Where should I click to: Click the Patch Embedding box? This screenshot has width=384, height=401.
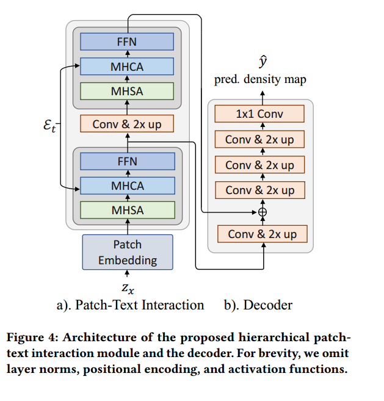pos(128,252)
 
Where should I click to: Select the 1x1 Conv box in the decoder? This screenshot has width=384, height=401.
pos(259,114)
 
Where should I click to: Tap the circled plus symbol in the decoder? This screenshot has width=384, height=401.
pos(263,212)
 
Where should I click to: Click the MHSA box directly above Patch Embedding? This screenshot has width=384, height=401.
pos(128,210)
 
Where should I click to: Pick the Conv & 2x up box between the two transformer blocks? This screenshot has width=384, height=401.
pos(127,124)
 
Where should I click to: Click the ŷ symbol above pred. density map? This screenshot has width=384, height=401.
pos(263,62)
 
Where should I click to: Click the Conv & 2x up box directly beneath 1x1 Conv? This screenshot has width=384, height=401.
pos(259,139)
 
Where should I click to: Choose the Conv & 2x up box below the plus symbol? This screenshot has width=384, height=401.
pos(263,234)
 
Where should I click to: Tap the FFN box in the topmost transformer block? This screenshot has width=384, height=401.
pos(127,42)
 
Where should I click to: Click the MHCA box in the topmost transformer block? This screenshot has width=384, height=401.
pos(127,67)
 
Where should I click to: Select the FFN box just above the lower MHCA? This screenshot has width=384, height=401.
pos(128,161)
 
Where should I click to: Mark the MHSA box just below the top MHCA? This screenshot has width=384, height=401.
pos(127,91)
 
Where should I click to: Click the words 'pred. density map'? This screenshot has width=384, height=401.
pos(260,79)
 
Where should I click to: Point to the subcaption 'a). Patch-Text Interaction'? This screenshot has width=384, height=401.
pos(131,305)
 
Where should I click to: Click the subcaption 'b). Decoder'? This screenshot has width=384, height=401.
pos(258,305)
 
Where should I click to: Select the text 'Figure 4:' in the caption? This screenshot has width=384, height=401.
pos(33,338)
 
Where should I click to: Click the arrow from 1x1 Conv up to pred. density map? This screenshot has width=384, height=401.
pos(263,95)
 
